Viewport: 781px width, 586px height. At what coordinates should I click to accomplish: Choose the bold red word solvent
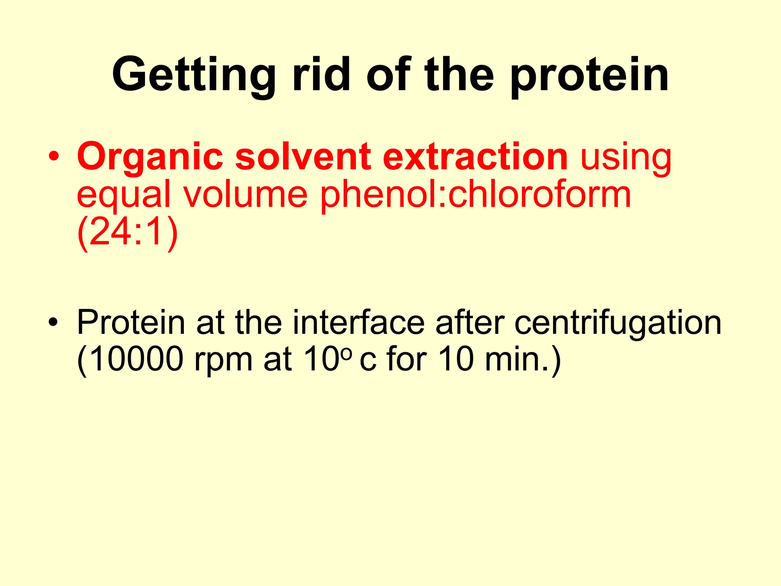303,157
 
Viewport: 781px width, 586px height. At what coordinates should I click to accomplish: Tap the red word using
625,158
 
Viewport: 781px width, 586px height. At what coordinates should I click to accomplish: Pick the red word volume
245,194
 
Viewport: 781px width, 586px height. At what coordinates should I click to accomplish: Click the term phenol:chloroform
475,195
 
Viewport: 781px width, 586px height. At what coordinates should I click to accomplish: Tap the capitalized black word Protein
131,322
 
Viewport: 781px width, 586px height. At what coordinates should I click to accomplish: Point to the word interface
358,322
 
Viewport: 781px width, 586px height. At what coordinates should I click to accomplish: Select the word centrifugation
617,322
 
